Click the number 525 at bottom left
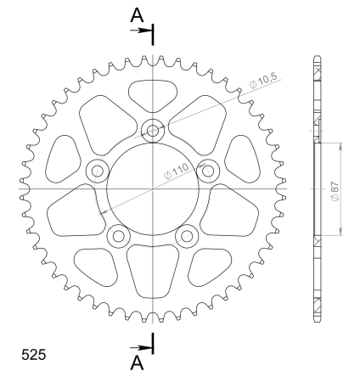33,355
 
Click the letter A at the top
137,15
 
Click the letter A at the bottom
137,362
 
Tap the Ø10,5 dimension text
264,81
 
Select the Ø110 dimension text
177,171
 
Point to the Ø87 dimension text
335,191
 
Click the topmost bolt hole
153,131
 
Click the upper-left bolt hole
98,171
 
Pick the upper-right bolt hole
208,171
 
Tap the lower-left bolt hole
119,236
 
